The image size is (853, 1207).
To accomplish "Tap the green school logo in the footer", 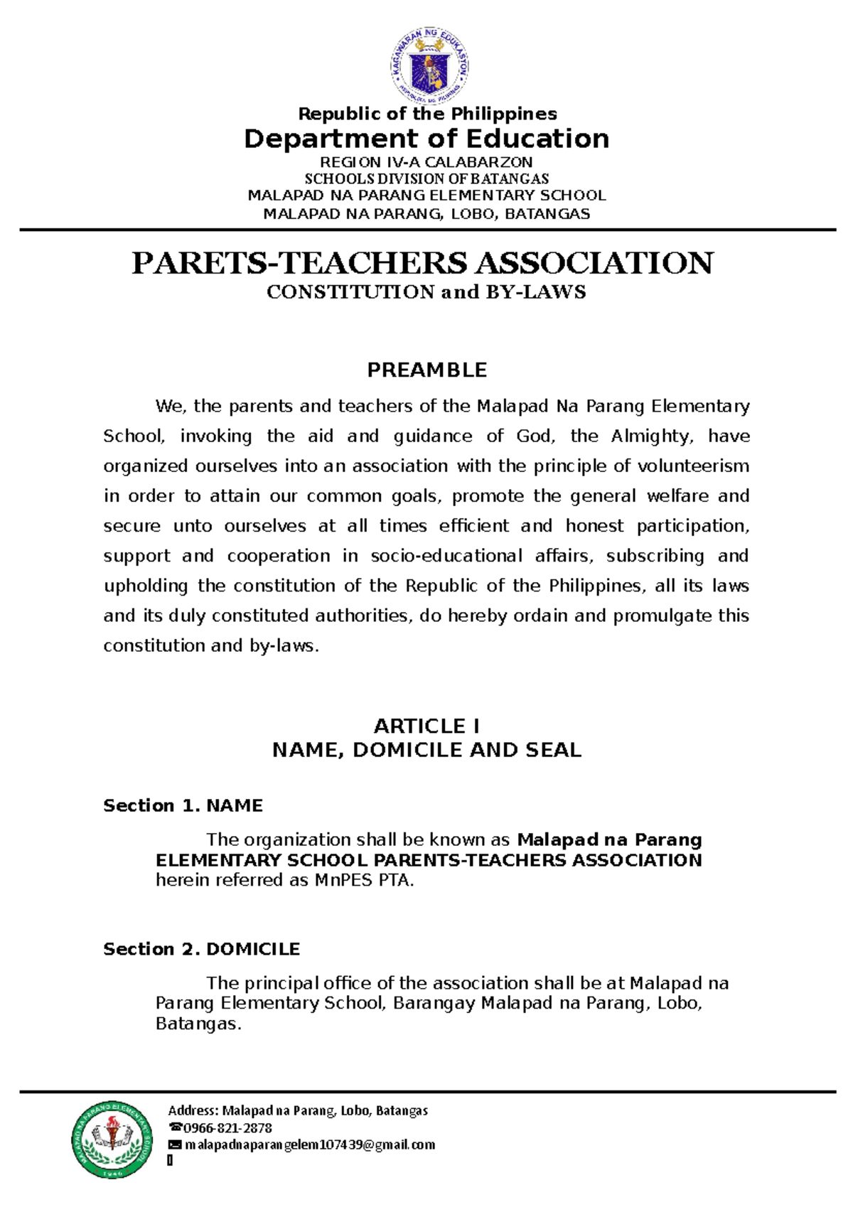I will point(112,1143).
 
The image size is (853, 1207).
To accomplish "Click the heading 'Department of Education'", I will point(426,139).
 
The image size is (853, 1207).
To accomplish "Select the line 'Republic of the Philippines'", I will point(427,114).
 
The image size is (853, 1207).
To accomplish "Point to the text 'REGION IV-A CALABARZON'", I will point(426,162).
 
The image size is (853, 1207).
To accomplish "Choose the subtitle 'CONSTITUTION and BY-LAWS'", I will point(426,292).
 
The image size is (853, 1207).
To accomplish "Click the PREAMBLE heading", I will point(426,370).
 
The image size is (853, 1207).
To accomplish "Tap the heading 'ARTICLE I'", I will point(426,726).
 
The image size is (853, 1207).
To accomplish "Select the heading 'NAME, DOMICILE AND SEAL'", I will point(426,750).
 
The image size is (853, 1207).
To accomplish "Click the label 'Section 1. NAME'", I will point(183,805).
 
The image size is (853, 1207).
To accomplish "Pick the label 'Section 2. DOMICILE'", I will point(201,949).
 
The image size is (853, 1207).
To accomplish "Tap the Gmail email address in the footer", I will point(310,1145).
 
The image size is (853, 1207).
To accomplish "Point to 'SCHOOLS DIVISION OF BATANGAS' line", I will point(426,178).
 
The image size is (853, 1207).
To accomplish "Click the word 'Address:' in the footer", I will point(193,1111).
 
